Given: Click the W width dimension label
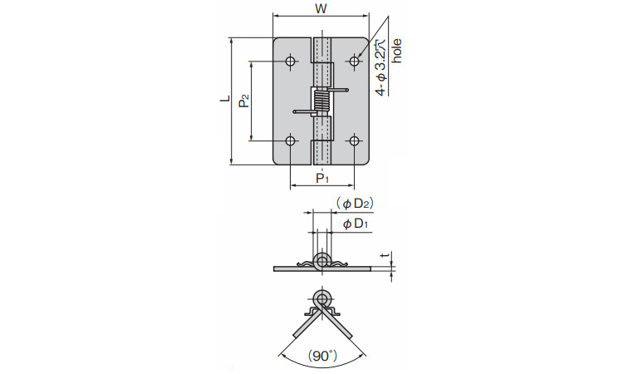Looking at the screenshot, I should coord(321,8).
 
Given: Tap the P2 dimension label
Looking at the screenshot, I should coord(243,101).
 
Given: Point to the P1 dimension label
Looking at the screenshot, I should coord(322,178).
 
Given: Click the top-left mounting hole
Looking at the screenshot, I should coord(290,61).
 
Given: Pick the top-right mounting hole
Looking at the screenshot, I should coord(354,61).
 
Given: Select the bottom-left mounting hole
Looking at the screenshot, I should coord(290,140).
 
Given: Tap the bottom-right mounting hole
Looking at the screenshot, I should coord(354,140).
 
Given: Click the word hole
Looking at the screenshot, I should coord(397,51).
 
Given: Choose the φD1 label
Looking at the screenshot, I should coord(356,224).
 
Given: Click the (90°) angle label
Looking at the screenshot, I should coord(321,355).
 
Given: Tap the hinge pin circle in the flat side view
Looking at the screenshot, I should coord(321,260).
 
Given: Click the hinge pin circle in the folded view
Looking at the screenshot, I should coord(321,298).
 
